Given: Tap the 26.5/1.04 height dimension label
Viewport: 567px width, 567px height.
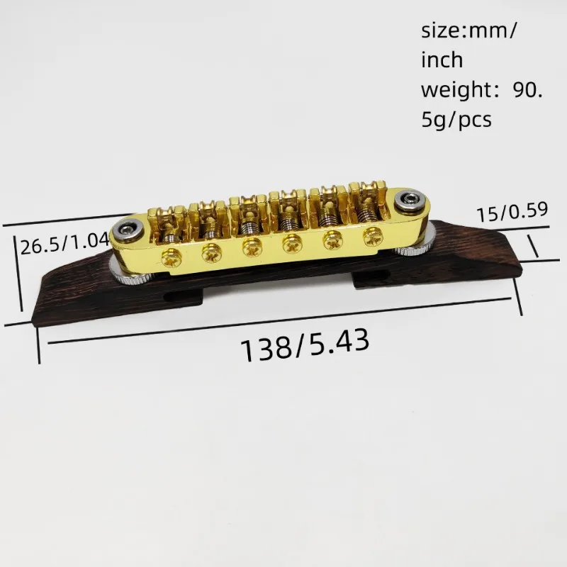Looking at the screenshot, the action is tap(65, 244).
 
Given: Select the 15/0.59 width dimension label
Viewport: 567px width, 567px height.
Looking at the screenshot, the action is tap(512, 212).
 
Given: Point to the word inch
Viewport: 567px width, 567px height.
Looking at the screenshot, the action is tap(442, 60).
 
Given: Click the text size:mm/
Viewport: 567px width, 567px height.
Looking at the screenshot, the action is tap(469, 31).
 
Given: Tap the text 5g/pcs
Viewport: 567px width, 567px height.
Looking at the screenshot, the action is tap(456, 120).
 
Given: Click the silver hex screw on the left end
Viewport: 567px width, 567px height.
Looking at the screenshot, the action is tap(128, 231).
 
